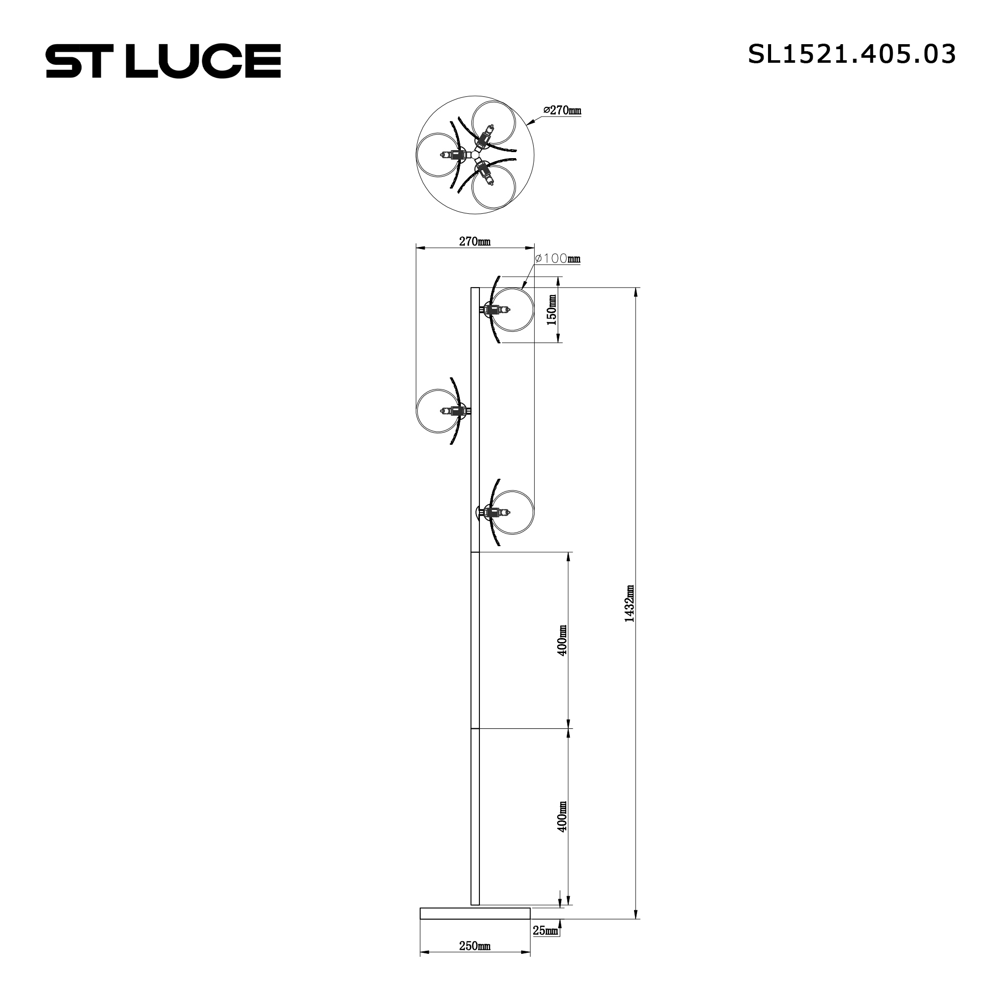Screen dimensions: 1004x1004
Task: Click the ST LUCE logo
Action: [163, 61]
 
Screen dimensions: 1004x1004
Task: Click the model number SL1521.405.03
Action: [852, 55]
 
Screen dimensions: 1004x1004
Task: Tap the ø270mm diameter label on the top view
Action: [562, 110]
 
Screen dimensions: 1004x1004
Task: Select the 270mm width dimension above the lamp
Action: [474, 241]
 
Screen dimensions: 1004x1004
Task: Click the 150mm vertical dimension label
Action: [551, 310]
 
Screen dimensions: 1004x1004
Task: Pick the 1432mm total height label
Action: [630, 603]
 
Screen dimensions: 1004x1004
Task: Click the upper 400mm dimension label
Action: [562, 640]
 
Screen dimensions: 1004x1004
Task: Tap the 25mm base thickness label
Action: [545, 945]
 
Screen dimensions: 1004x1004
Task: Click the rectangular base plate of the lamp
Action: [475, 928]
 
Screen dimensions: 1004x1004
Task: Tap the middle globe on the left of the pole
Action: [438, 411]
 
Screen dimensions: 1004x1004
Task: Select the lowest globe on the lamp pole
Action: [513, 512]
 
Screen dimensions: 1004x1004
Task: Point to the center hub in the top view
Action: [475, 155]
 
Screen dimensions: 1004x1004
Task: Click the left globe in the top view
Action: [438, 155]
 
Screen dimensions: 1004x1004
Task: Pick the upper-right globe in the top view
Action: [493, 122]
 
